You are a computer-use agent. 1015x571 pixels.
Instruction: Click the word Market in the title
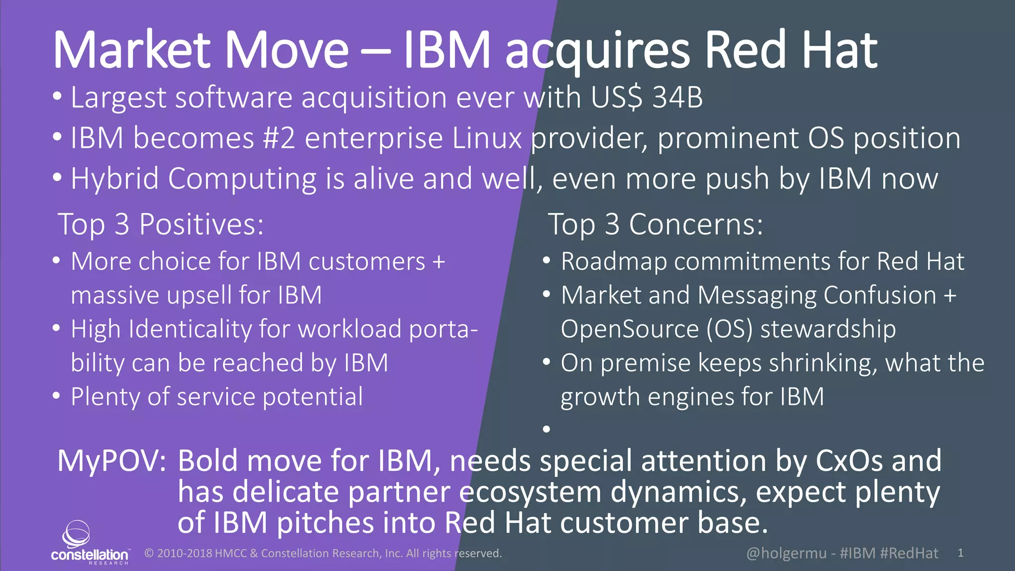(131, 51)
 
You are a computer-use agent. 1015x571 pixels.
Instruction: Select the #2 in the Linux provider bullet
(279, 138)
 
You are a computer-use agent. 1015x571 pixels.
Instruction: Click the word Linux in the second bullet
(487, 138)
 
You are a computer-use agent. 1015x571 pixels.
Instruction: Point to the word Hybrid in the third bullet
(114, 179)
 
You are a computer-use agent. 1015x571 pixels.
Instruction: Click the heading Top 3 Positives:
(161, 224)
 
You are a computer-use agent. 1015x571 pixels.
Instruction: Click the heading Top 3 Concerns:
(655, 224)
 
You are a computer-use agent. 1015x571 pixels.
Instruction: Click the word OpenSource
(629, 329)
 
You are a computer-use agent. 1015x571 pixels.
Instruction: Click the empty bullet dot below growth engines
(547, 429)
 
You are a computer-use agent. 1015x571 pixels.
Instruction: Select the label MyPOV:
(112, 461)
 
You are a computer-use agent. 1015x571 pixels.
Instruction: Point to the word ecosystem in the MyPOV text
(531, 492)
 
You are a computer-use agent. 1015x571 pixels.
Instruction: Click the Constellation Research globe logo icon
(76, 534)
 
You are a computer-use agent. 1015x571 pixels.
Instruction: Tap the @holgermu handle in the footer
(786, 553)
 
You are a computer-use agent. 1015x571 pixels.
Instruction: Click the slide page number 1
(960, 553)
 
